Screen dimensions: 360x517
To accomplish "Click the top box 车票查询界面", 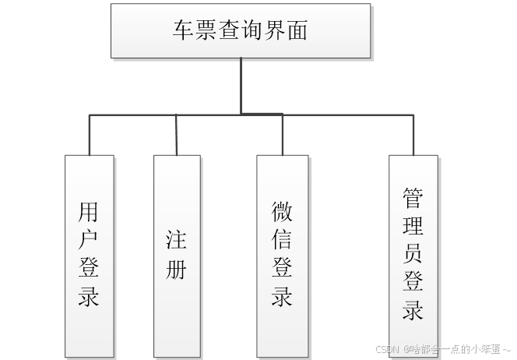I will click(x=241, y=31).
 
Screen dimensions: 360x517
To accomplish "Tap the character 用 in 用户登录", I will click(x=89, y=212).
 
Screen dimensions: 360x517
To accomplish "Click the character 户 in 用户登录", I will click(x=89, y=240).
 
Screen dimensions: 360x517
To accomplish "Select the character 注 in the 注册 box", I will click(x=177, y=239).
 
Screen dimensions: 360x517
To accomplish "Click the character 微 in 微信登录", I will click(x=282, y=211).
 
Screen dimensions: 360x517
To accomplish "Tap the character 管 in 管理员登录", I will click(x=413, y=198).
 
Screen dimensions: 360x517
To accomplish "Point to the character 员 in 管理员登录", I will click(x=413, y=254).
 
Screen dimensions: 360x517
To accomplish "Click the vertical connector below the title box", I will click(x=241, y=86).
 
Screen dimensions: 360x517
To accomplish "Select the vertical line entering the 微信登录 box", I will click(x=283, y=134).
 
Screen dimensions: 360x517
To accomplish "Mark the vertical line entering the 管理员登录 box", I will click(x=414, y=134).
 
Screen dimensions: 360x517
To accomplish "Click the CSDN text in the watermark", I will click(x=386, y=349).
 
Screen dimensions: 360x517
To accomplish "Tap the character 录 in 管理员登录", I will click(x=413, y=310).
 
